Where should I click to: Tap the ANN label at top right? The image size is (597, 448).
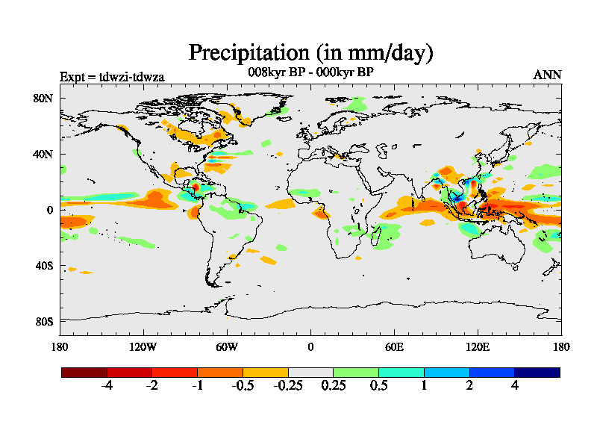[x=547, y=75]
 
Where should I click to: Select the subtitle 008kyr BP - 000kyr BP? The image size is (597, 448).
[x=310, y=73]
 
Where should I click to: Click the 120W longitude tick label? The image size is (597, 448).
[x=143, y=346]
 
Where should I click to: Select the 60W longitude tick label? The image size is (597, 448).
[x=227, y=346]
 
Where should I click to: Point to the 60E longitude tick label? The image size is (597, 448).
[x=394, y=346]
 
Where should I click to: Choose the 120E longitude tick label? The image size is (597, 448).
[x=478, y=346]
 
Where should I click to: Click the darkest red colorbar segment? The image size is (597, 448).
[x=84, y=372]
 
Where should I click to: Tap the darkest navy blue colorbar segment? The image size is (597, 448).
[x=537, y=372]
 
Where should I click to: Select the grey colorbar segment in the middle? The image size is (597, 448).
[x=310, y=372]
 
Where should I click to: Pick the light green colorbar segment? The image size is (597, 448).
[x=356, y=372]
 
